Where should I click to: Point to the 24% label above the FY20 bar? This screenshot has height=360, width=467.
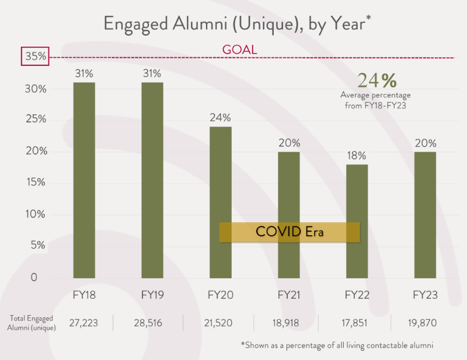coord(220,118)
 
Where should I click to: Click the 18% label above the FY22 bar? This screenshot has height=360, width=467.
coord(357,156)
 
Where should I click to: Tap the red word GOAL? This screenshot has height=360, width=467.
coord(239,50)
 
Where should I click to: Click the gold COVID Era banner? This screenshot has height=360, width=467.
coord(290,232)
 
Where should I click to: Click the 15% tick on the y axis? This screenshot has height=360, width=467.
coord(35,183)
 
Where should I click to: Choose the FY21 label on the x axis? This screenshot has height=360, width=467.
coord(288,295)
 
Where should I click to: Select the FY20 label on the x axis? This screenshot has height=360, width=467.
coord(220,295)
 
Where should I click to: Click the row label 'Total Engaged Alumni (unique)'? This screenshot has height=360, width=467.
coord(32,322)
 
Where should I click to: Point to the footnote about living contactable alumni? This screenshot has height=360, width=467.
coord(337,345)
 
